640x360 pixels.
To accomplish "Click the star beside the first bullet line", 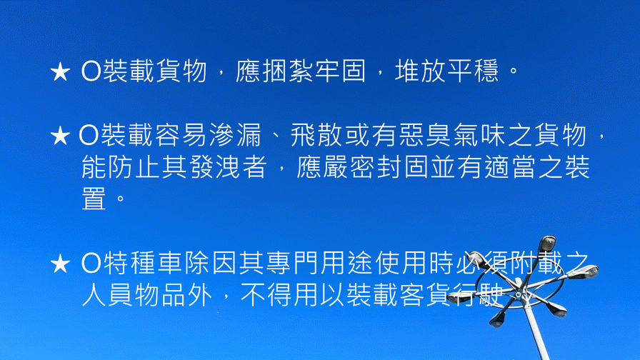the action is pyautogui.click(x=60, y=72).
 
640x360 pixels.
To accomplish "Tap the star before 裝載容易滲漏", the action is pyautogui.click(x=60, y=136).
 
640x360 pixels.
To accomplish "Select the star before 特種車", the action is pyautogui.click(x=60, y=264).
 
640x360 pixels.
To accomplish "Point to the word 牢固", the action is pyautogui.click(x=341, y=71).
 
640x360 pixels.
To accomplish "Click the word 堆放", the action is pyautogui.click(x=421, y=71).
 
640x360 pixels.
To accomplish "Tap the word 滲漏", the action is pyautogui.click(x=235, y=135).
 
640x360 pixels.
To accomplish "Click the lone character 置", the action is pyautogui.click(x=94, y=199).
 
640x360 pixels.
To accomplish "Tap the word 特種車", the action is pyautogui.click(x=143, y=264).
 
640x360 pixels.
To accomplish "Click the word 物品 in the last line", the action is pyautogui.click(x=161, y=295).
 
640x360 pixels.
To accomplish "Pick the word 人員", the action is pyautogui.click(x=107, y=295).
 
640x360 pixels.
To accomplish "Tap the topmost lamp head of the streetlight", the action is pyautogui.click(x=547, y=244).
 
